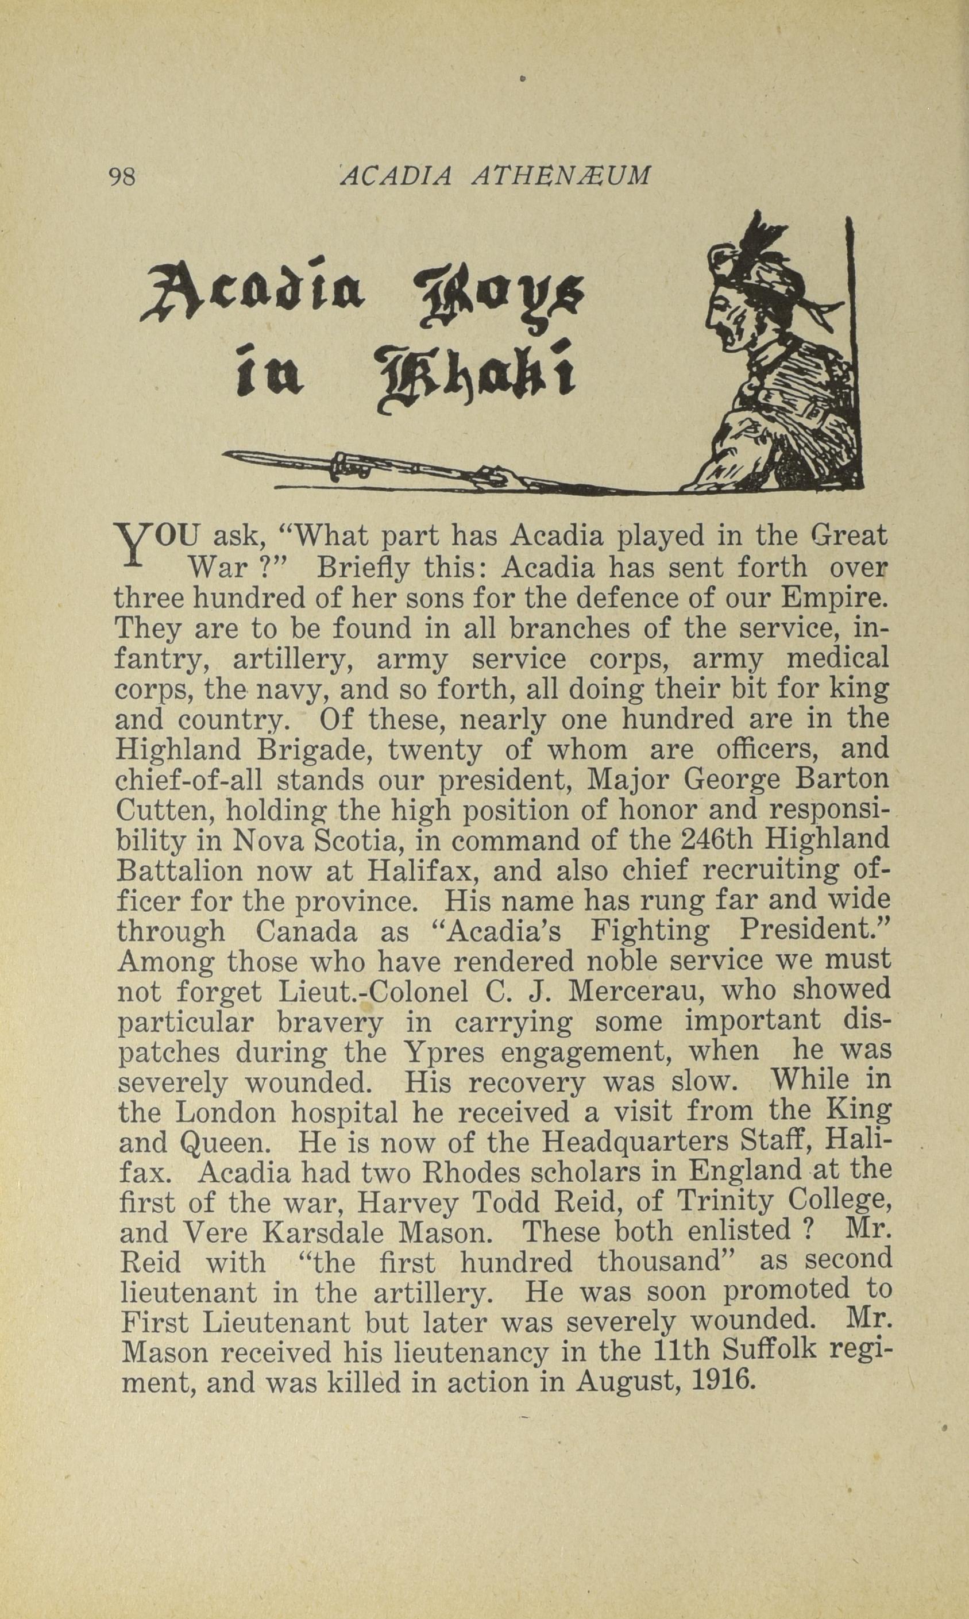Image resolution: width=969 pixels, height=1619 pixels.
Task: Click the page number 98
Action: click(123, 177)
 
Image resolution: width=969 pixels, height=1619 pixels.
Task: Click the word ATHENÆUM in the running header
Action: click(562, 176)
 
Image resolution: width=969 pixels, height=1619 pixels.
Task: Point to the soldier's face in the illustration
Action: click(724, 310)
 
